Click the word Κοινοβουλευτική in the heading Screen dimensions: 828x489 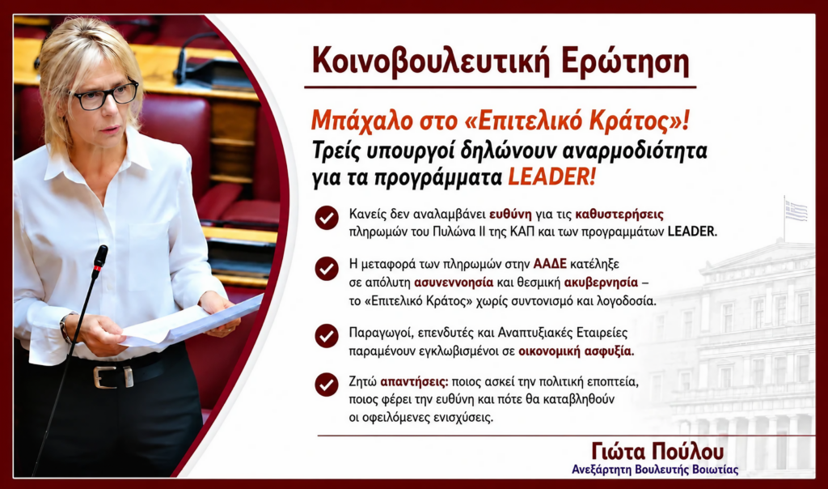(429, 62)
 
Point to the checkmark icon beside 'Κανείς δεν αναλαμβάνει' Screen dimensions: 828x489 (327, 217)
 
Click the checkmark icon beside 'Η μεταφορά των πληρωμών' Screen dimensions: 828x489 (327, 269)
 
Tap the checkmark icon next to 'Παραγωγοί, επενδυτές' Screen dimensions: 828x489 (327, 336)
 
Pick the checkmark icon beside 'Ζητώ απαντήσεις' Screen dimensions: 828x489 (327, 385)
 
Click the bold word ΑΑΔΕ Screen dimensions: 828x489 (550, 264)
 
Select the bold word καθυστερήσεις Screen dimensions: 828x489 (619, 215)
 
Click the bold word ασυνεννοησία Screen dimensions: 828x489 (454, 283)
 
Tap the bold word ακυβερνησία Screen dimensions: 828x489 (601, 283)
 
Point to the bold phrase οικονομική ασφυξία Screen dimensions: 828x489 (576, 351)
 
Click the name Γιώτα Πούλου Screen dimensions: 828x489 (657, 451)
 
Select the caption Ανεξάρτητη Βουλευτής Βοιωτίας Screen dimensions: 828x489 (655, 470)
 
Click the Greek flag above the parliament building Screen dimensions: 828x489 (796, 210)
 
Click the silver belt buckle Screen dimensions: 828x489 (113, 376)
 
